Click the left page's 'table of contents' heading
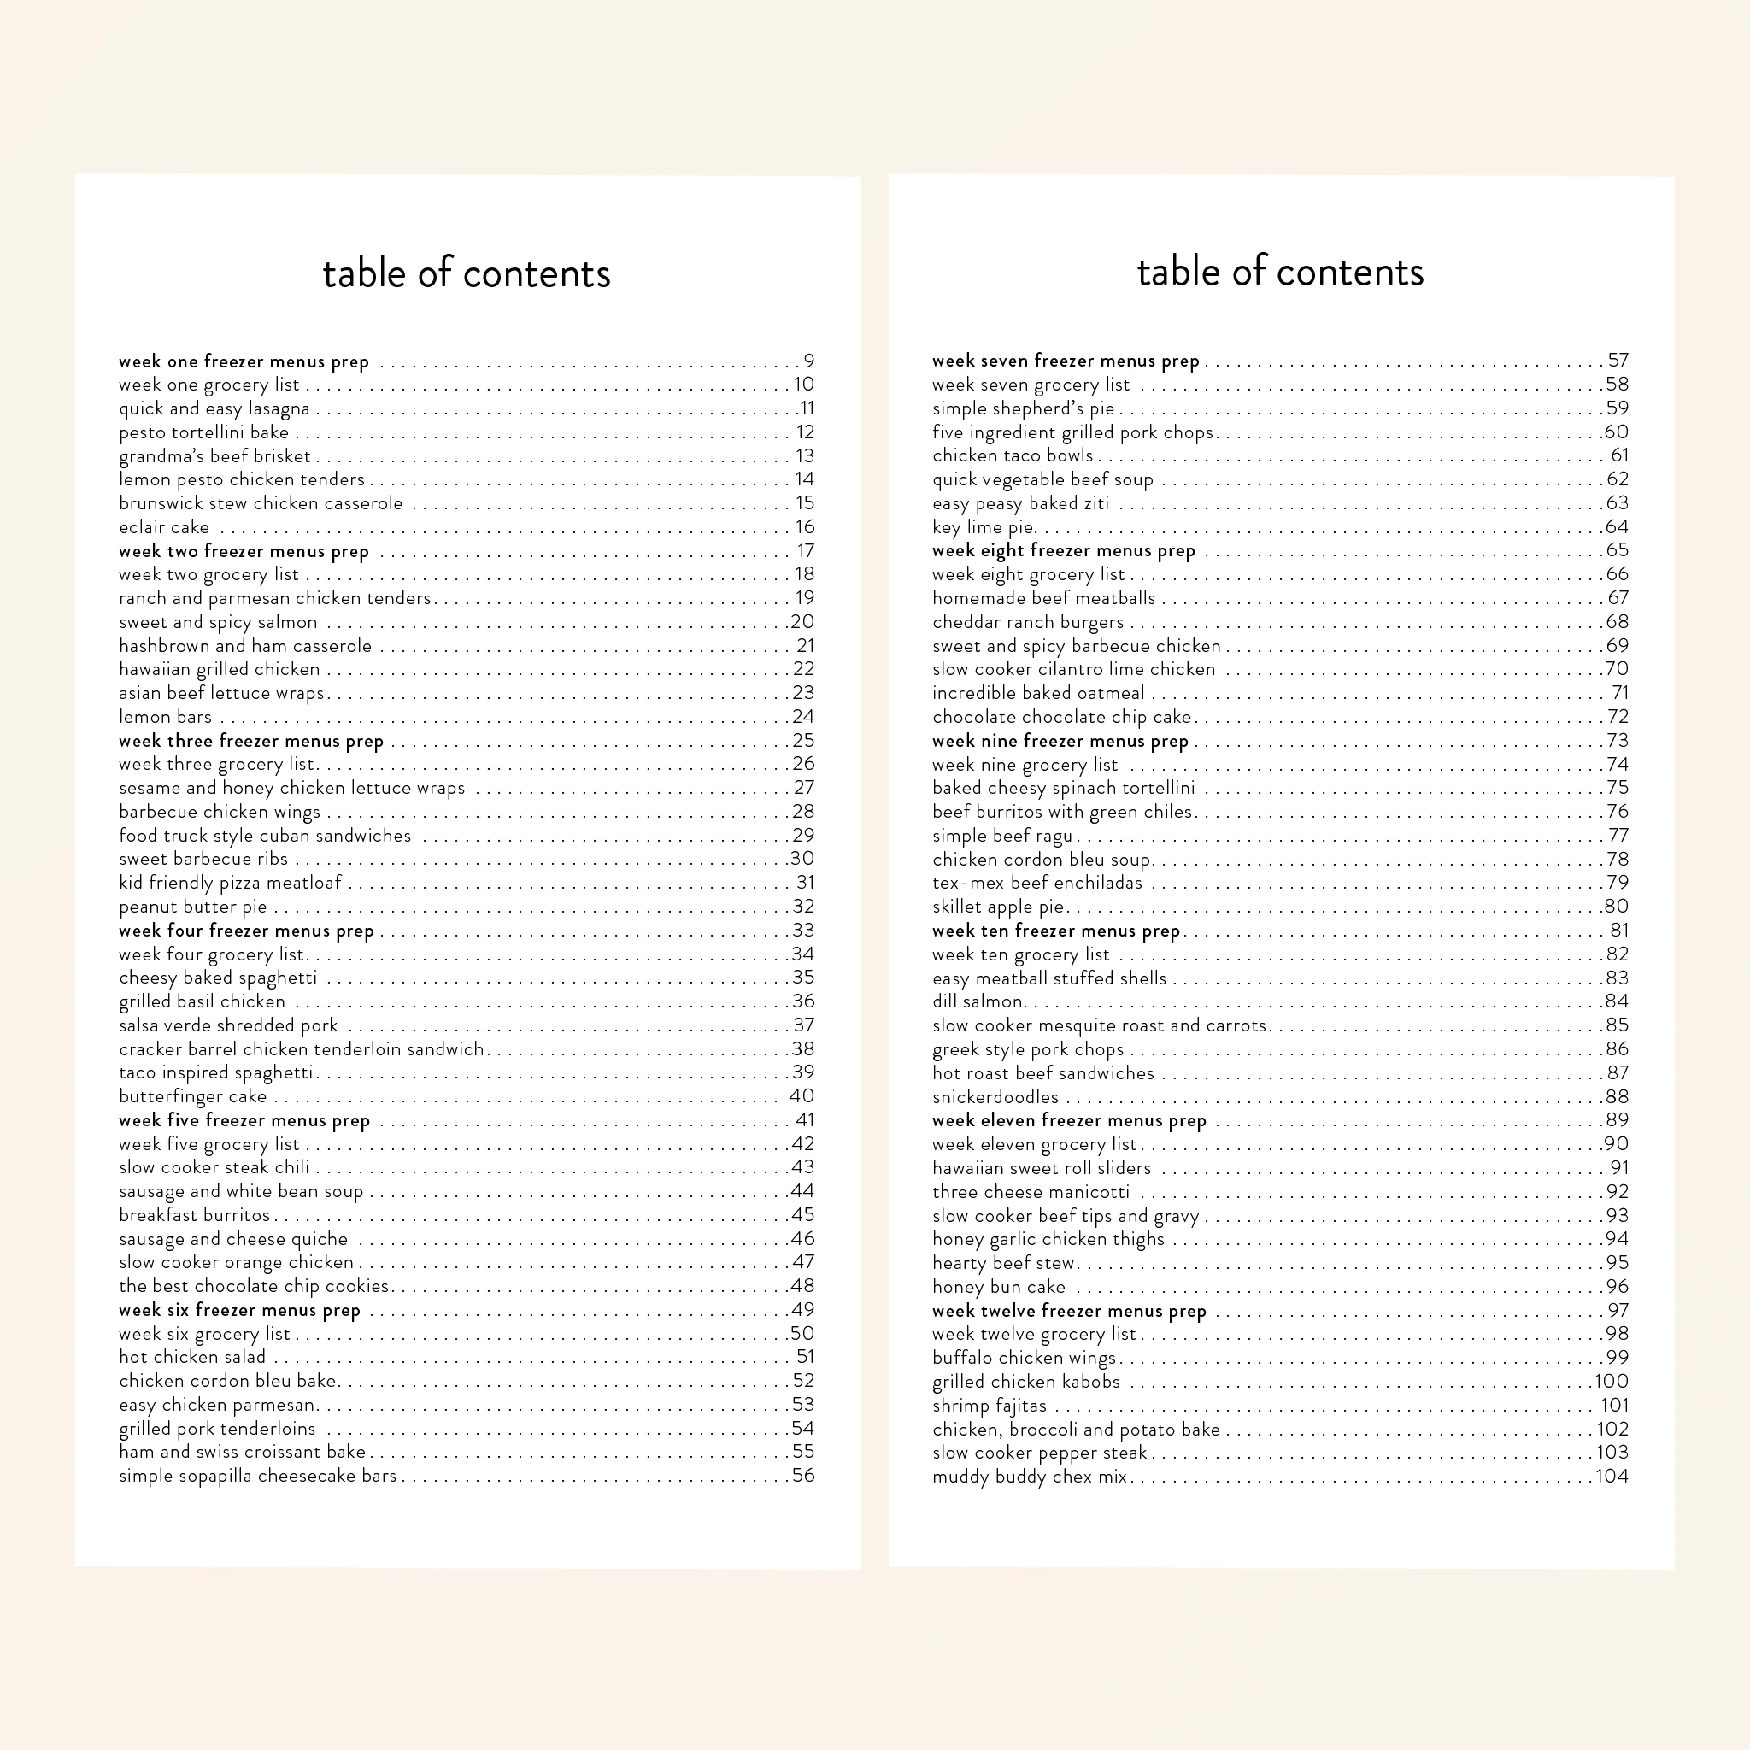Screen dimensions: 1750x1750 click(467, 273)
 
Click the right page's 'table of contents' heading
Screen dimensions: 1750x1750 click(1280, 272)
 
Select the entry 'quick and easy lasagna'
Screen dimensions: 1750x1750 click(214, 408)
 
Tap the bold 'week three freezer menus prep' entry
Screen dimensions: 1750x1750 click(251, 741)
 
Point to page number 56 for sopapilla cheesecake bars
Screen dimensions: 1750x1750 click(802, 1475)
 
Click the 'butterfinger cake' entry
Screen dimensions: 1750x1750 click(193, 1096)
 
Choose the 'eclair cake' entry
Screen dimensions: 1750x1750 click(164, 527)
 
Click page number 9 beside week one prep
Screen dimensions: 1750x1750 click(809, 361)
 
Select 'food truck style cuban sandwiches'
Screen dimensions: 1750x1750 click(265, 835)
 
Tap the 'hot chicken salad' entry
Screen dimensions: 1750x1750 click(192, 1357)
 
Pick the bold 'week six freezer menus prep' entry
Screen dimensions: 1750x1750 click(239, 1310)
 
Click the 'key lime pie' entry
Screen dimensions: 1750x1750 click(983, 527)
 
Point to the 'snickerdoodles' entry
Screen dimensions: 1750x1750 click(995, 1097)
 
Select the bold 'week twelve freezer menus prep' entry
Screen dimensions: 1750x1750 click(1069, 1311)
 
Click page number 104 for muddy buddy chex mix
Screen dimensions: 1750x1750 click(1612, 1476)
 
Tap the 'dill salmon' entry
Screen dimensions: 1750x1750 click(978, 1001)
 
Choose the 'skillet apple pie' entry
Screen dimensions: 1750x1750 click(998, 907)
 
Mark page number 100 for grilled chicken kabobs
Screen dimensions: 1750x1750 click(1612, 1382)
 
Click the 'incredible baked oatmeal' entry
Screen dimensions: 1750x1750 click(1038, 693)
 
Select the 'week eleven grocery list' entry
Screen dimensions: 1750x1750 click(1035, 1144)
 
